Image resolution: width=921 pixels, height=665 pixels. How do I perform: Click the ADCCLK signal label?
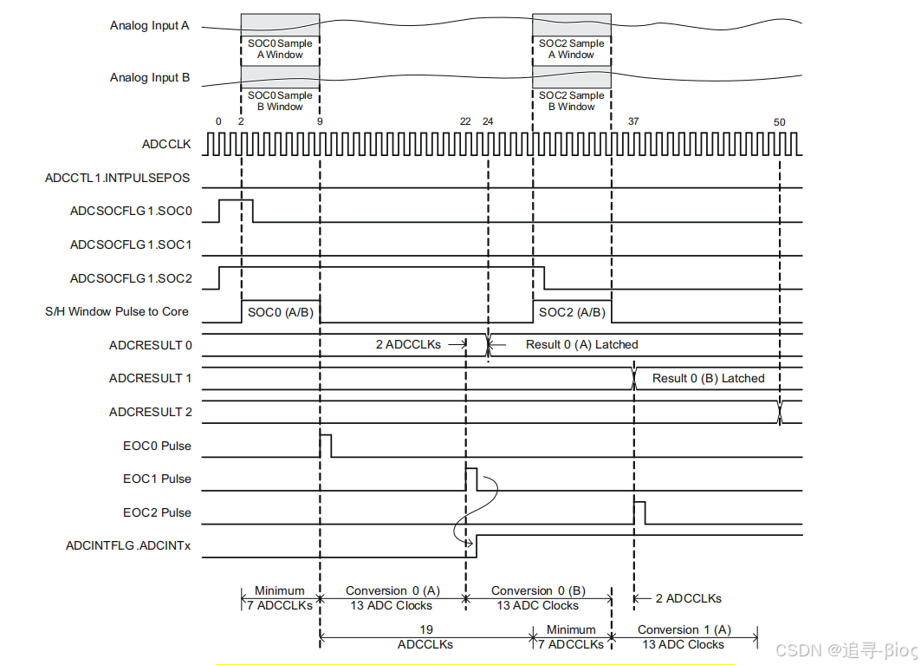point(166,144)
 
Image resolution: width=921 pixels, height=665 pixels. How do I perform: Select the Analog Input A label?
point(149,25)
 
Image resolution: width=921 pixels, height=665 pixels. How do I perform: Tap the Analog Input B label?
point(149,77)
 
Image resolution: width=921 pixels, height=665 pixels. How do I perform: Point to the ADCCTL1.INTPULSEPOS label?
point(117,179)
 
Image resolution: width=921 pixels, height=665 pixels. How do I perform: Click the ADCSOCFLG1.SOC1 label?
point(131,244)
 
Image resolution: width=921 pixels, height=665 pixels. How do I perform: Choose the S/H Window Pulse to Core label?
point(116,311)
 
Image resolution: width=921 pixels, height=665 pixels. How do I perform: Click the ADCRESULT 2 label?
point(151,412)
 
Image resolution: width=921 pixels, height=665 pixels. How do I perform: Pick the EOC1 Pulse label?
point(157,479)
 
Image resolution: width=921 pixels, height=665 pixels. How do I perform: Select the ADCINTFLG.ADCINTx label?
point(128,545)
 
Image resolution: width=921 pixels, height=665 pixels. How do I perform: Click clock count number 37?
point(633,121)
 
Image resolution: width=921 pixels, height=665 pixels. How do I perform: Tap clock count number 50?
point(779,122)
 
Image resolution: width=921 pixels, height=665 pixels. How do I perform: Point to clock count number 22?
point(465,121)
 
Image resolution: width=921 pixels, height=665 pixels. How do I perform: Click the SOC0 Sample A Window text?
point(280,49)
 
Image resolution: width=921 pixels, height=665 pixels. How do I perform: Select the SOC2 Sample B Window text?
point(571,101)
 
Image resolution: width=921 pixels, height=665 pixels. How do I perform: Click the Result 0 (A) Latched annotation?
point(581,344)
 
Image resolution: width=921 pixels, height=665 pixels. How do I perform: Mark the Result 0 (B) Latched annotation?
point(708,378)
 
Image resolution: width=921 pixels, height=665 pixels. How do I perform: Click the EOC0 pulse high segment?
point(326,445)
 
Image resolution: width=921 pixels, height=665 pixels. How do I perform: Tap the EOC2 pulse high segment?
point(639,512)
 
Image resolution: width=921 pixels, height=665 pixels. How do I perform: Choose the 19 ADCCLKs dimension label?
point(425,636)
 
